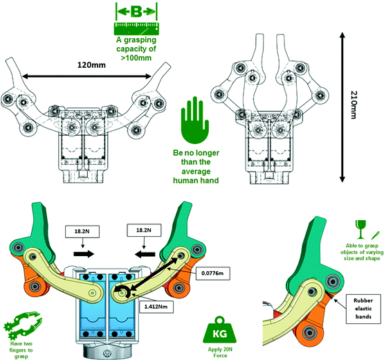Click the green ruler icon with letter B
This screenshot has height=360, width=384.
pyautogui.click(x=137, y=19)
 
